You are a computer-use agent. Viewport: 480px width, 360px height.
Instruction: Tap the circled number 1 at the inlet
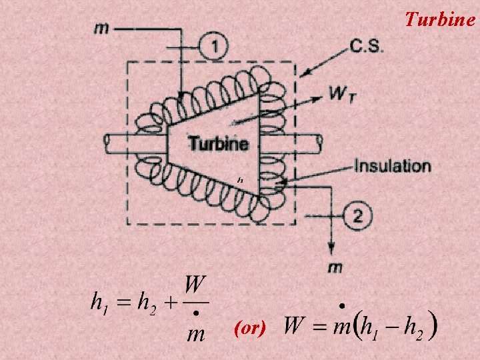pyautogui.click(x=213, y=46)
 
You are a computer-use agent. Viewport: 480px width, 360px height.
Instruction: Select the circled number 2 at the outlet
pyautogui.click(x=358, y=216)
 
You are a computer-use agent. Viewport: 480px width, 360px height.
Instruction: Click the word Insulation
pyautogui.click(x=392, y=165)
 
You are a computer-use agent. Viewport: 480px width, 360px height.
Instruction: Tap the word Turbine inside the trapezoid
pyautogui.click(x=219, y=143)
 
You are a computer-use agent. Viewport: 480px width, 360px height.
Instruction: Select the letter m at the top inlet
pyautogui.click(x=103, y=27)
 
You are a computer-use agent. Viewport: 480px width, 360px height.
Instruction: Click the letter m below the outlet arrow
pyautogui.click(x=335, y=268)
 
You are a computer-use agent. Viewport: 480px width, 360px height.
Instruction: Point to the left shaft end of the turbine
pyautogui.click(x=111, y=143)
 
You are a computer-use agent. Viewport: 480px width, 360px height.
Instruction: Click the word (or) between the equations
pyautogui.click(x=251, y=328)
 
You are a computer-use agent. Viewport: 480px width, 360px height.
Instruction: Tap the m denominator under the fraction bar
pyautogui.click(x=195, y=332)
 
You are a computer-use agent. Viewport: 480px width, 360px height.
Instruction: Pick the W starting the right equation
pyautogui.click(x=295, y=327)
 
